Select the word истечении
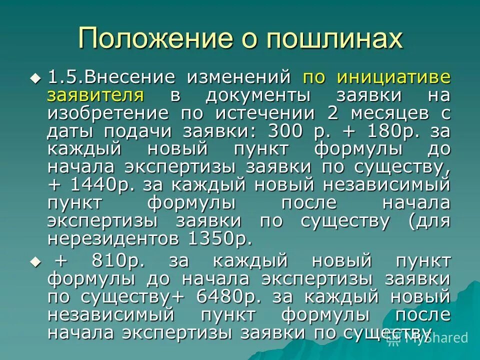(263, 113)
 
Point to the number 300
(285, 131)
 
